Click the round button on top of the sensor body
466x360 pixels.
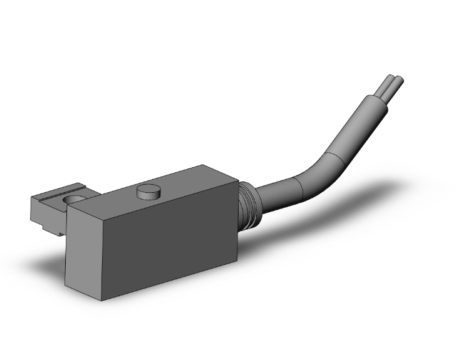pyautogui.click(x=148, y=190)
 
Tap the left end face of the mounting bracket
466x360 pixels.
pyautogui.click(x=38, y=207)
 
